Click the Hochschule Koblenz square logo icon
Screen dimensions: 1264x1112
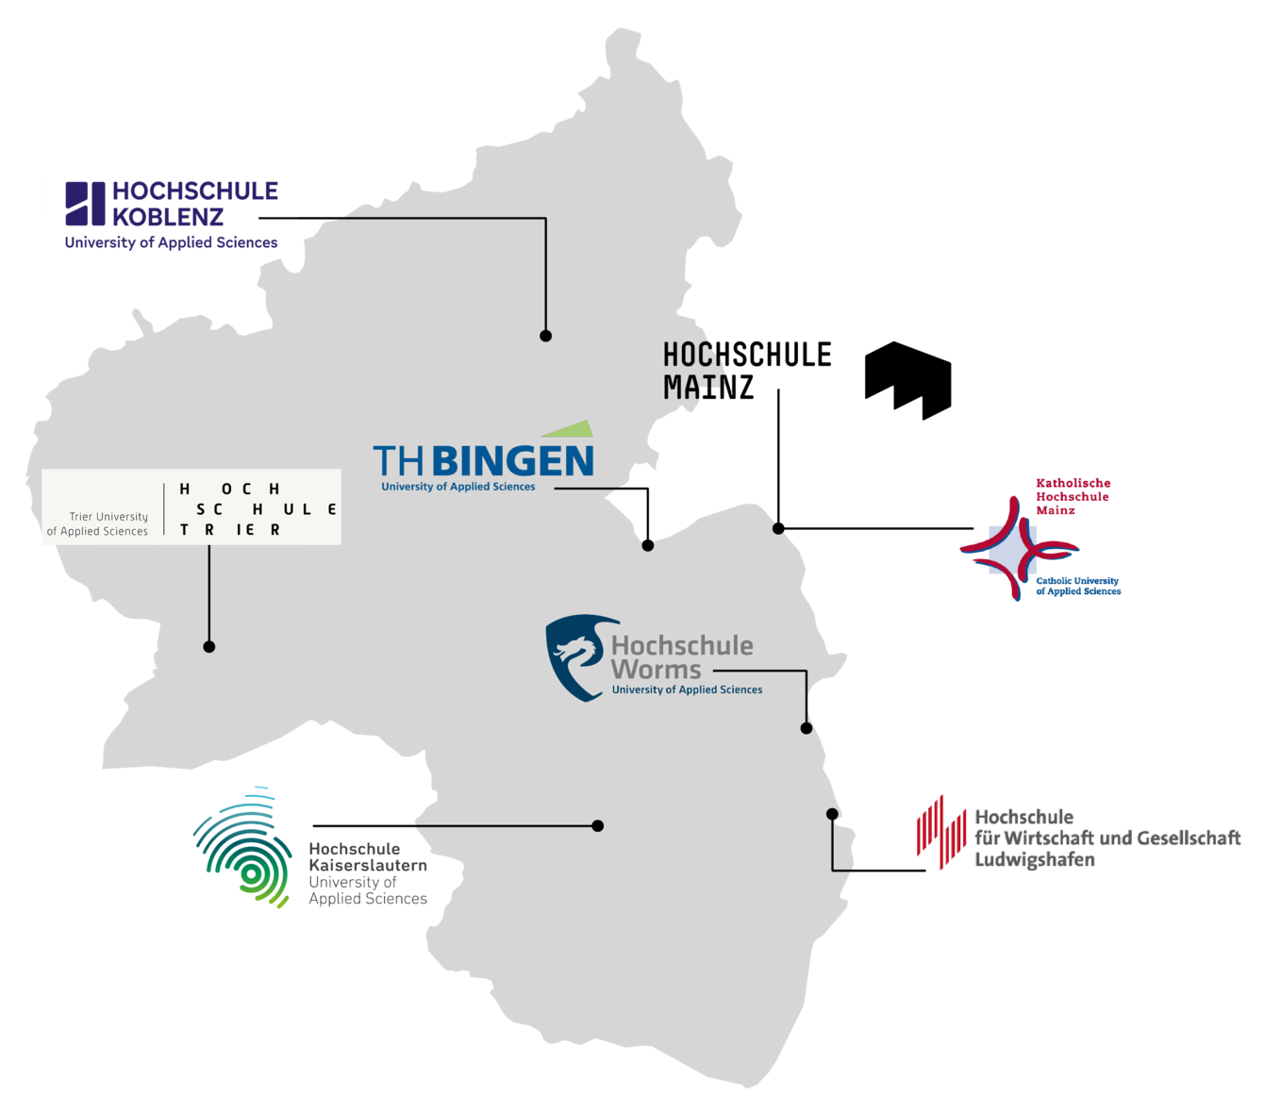[x=85, y=204]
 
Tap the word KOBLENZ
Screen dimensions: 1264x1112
[x=168, y=217]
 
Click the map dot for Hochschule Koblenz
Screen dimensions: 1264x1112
[x=545, y=336]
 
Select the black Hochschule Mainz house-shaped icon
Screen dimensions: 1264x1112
[x=907, y=380]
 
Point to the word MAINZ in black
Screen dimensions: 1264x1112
[x=708, y=387]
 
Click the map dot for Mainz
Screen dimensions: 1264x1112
[x=778, y=528]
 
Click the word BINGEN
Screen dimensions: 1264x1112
[x=512, y=461]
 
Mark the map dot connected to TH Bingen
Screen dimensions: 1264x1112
[x=648, y=545]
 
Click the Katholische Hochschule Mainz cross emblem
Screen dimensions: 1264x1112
[x=1018, y=549]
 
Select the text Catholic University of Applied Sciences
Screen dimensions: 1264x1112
[x=1078, y=586]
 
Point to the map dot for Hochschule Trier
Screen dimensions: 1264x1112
[x=209, y=646]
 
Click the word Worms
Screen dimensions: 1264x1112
[x=656, y=670]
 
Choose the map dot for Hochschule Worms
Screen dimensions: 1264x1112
[x=807, y=727]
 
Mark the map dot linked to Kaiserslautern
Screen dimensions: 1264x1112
[x=597, y=825]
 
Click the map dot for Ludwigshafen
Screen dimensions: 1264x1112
[x=832, y=814]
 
